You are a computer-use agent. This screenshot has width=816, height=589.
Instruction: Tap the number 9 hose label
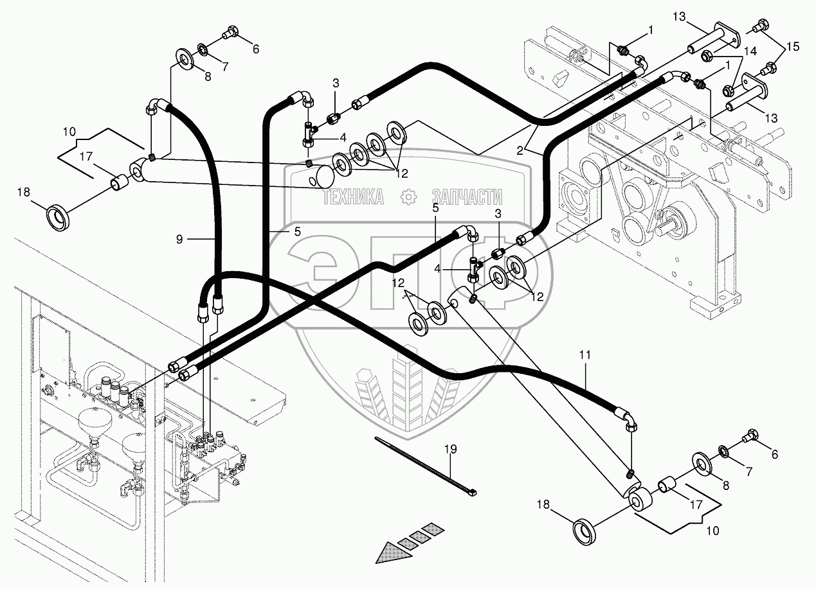[x=179, y=239]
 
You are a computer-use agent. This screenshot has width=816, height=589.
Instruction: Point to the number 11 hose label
[x=586, y=355]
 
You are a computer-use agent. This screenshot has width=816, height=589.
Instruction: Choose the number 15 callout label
[x=793, y=46]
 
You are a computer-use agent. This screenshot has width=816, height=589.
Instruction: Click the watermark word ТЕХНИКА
[x=352, y=197]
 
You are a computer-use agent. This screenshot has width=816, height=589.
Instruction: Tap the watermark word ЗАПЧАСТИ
[x=467, y=197]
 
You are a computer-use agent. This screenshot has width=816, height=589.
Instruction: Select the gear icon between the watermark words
[x=408, y=197]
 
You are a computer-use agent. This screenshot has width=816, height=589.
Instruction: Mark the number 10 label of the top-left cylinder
[x=69, y=132]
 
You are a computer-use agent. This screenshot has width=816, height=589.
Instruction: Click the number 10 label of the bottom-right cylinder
[x=712, y=531]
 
